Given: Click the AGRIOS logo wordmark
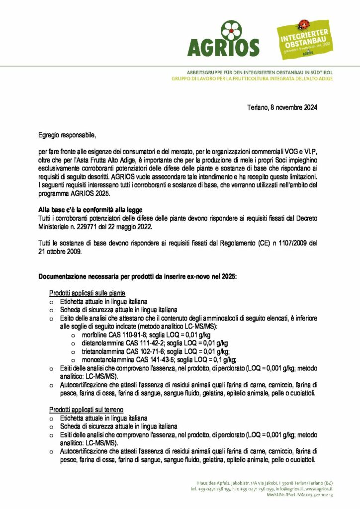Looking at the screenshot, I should (223, 47).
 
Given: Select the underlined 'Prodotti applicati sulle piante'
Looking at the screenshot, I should (87, 293).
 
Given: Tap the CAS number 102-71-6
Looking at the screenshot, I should (143, 351).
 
